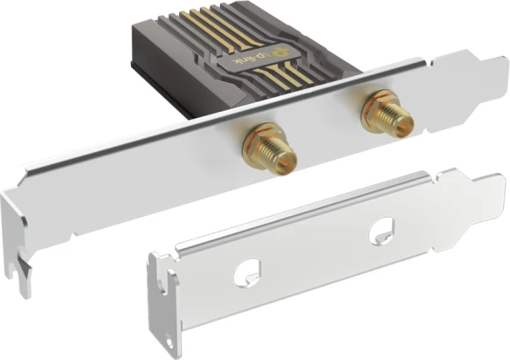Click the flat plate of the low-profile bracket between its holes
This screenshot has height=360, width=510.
314,253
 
